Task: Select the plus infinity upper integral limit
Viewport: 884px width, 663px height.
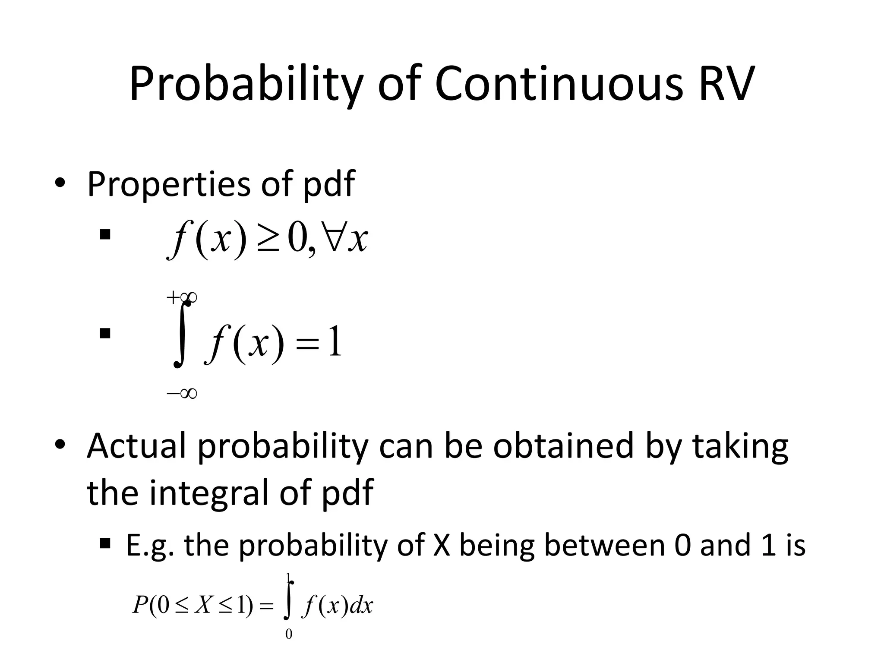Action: [x=182, y=297]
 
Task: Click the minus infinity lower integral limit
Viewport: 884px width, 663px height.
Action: [x=182, y=393]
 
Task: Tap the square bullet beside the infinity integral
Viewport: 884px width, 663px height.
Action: [x=104, y=334]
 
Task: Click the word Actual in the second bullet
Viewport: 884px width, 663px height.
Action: [x=137, y=446]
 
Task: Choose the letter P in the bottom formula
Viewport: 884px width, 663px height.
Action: [x=141, y=605]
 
